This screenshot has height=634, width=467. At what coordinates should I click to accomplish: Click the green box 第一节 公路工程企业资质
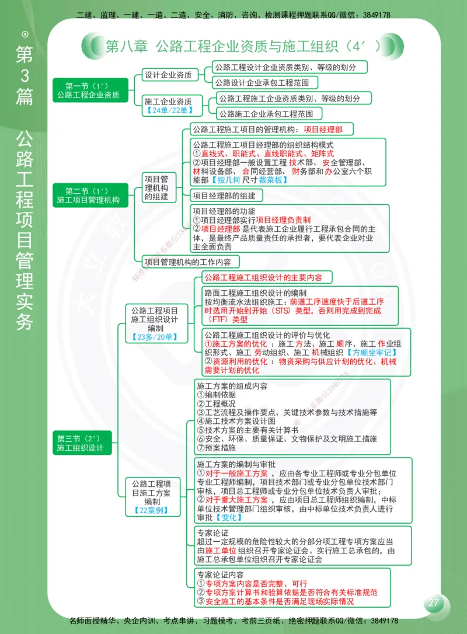click(88, 90)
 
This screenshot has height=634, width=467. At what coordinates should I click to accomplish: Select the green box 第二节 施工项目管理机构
click(88, 196)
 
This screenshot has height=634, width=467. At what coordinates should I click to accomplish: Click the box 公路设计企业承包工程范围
click(266, 82)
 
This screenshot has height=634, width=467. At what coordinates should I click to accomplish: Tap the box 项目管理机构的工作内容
click(191, 262)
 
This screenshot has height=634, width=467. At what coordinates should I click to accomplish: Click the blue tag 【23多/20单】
click(155, 337)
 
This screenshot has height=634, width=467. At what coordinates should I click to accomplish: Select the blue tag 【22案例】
click(151, 510)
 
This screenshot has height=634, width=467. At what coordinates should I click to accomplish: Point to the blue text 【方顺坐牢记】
click(371, 353)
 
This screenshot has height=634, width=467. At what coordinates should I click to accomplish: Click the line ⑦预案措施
click(217, 448)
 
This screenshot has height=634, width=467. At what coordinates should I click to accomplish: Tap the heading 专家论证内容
click(220, 574)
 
